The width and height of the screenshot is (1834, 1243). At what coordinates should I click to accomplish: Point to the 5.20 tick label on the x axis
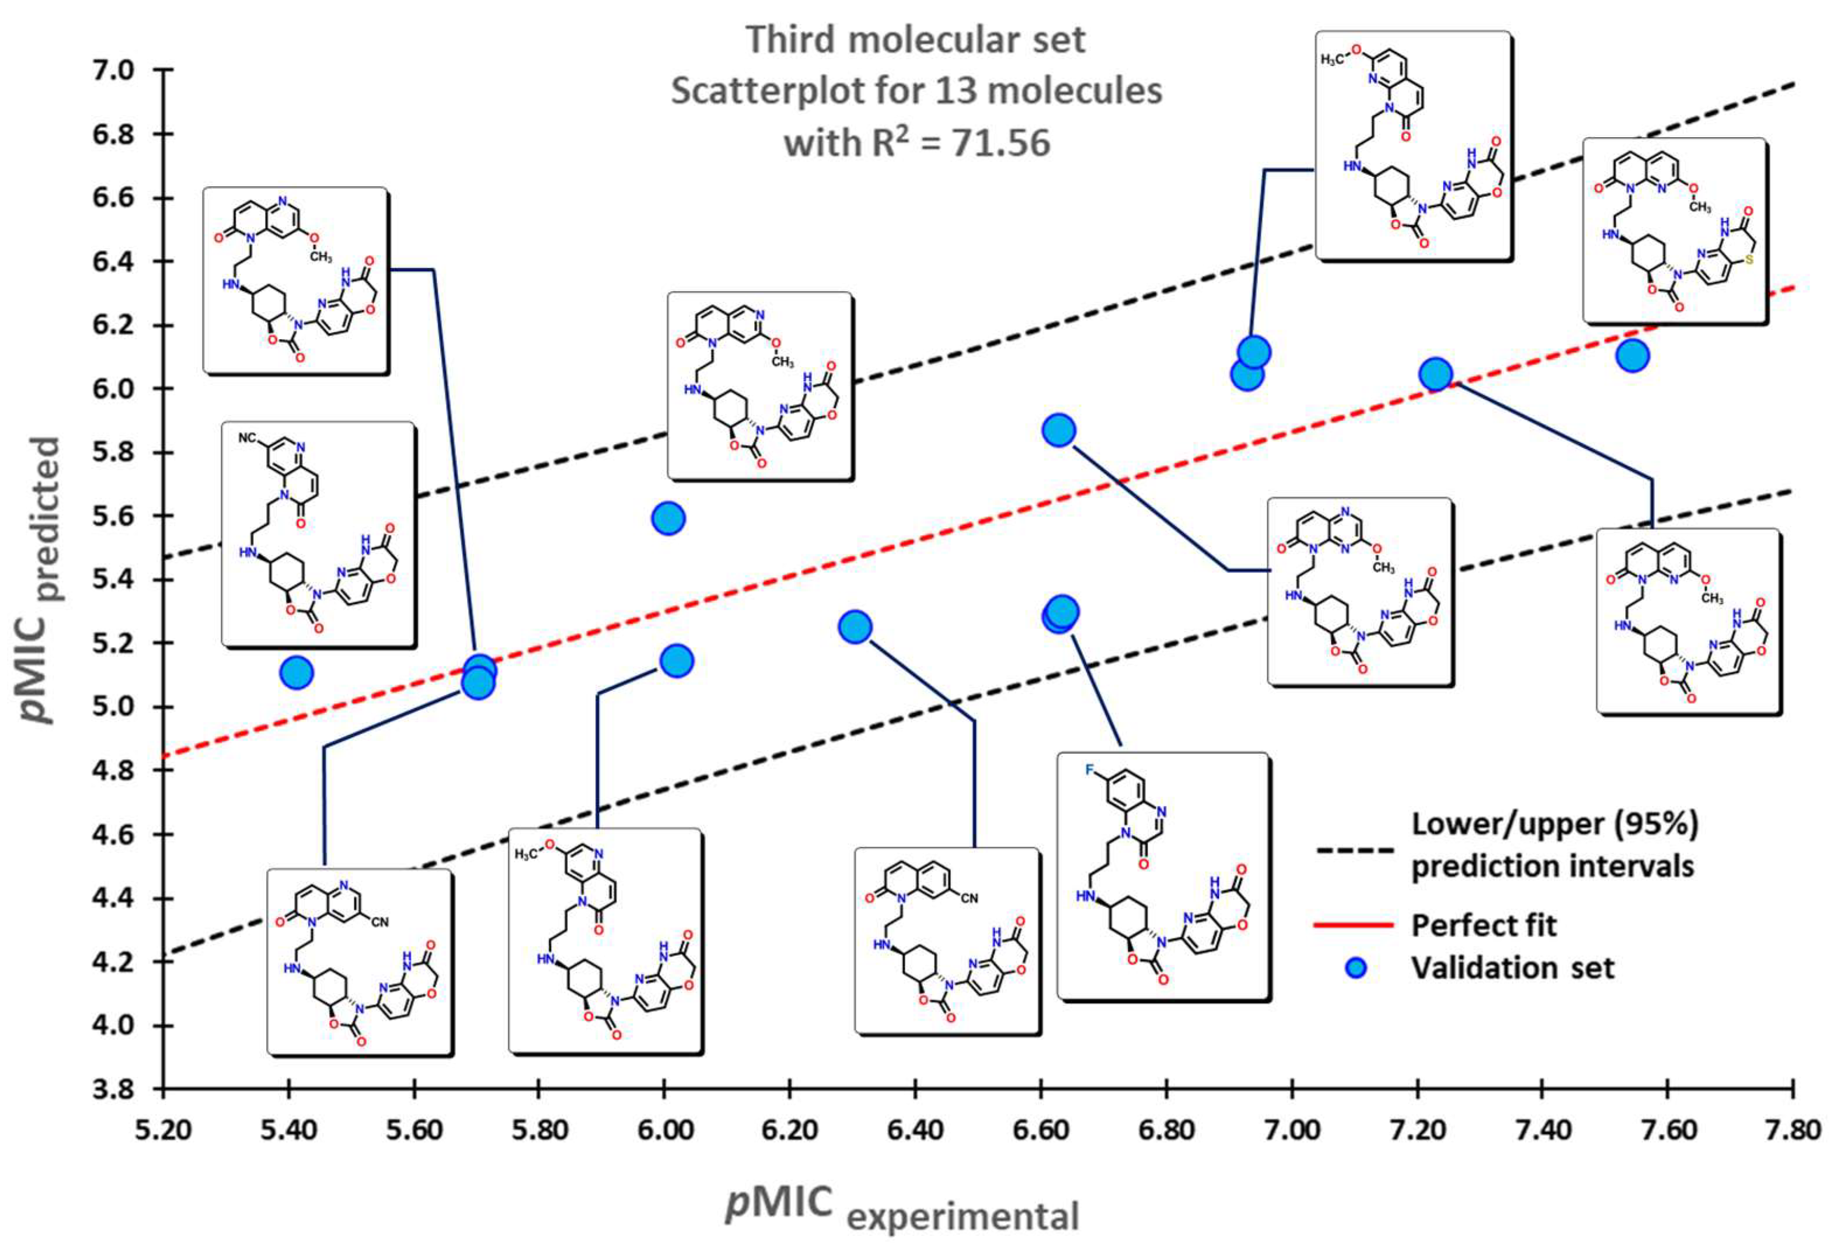point(163,1130)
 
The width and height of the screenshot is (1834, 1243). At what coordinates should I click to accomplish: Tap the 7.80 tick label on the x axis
point(1793,1130)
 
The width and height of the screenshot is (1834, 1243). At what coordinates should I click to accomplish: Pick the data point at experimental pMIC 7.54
point(1632,356)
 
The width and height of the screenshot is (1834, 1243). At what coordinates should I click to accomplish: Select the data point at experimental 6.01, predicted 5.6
point(668,519)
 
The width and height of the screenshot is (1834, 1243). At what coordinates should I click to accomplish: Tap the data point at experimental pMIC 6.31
point(855,627)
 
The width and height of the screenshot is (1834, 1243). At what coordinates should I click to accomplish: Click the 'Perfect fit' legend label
point(1484,926)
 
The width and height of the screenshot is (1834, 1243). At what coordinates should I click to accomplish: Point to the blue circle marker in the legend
point(1355,968)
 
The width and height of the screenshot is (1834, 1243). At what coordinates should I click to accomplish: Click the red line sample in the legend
point(1354,926)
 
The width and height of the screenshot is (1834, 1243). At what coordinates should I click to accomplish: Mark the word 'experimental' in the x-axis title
point(962,1216)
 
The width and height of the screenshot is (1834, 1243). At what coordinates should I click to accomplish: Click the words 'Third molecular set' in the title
point(916,40)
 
